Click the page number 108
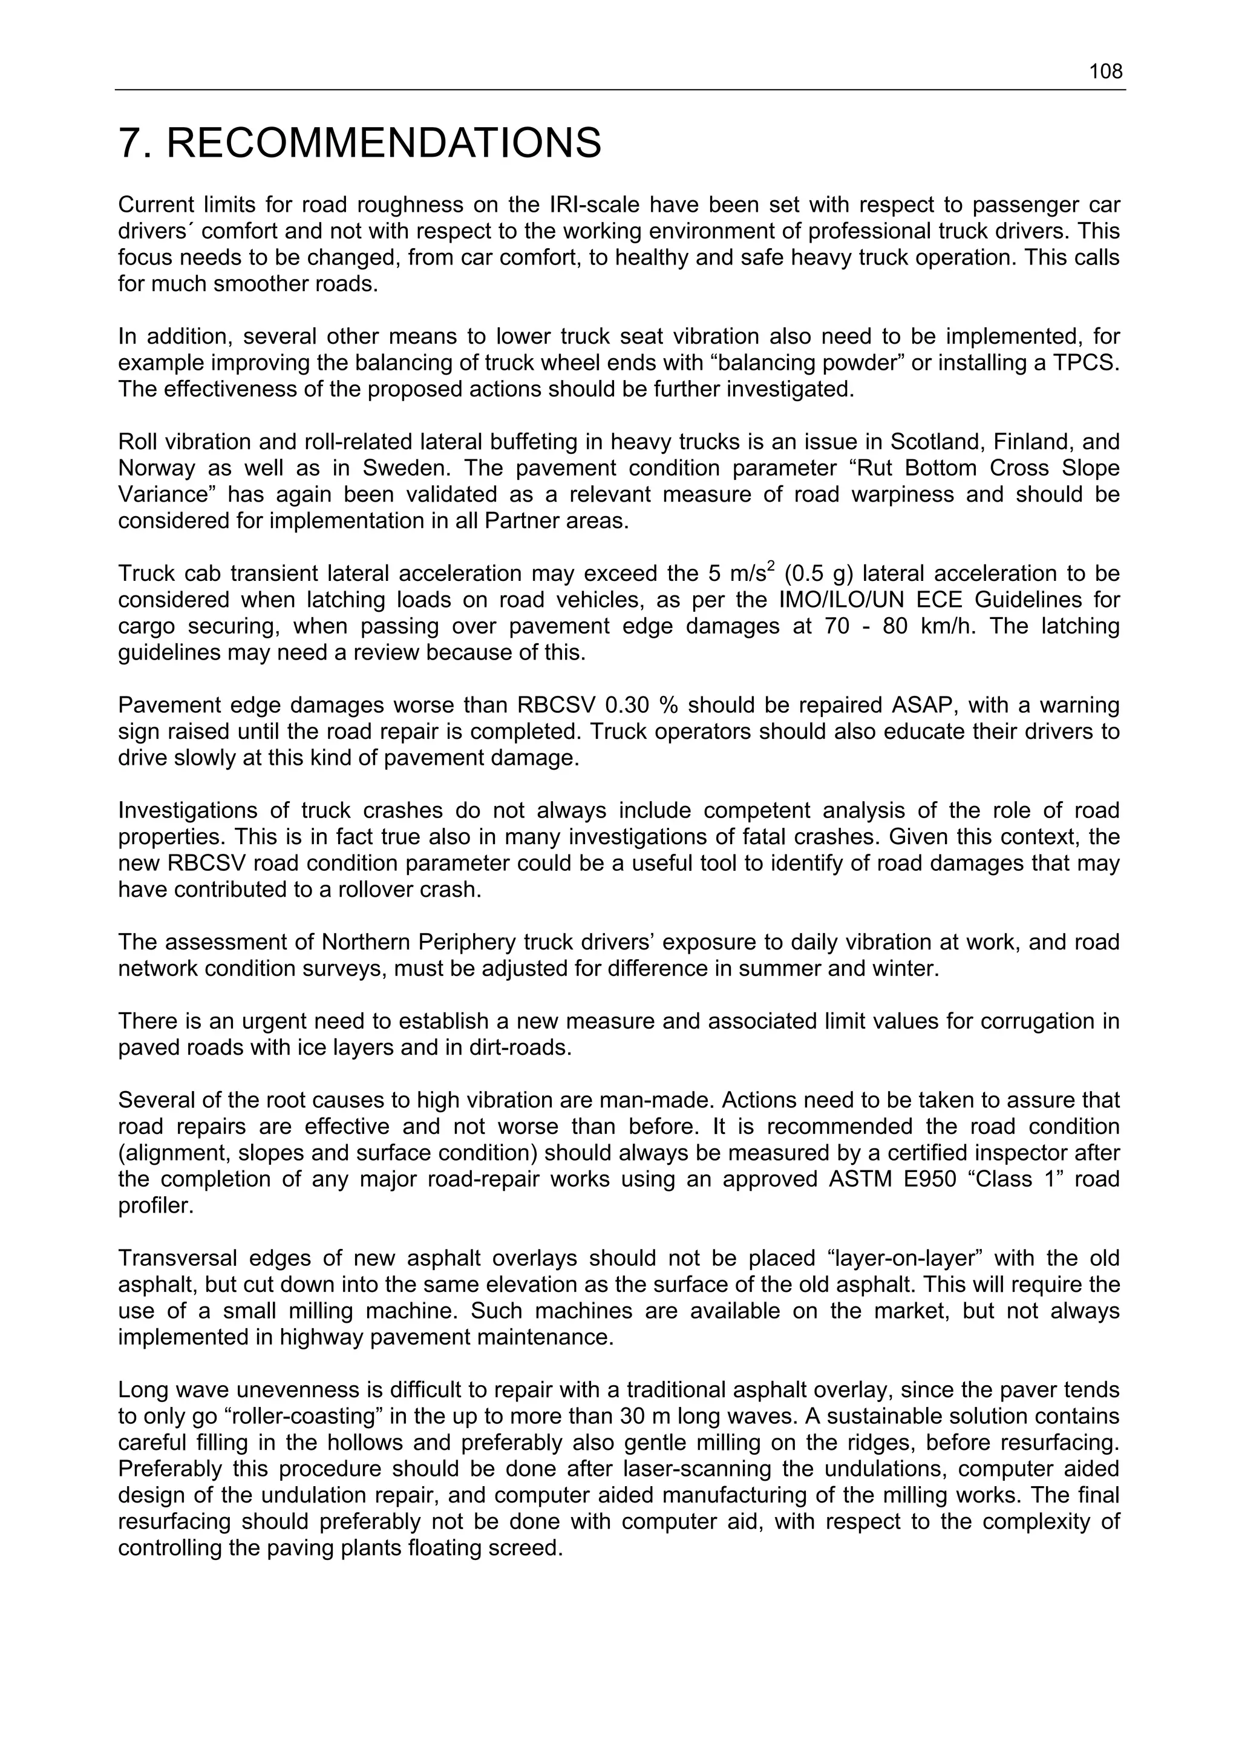[x=1105, y=72]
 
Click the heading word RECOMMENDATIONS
[x=384, y=143]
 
